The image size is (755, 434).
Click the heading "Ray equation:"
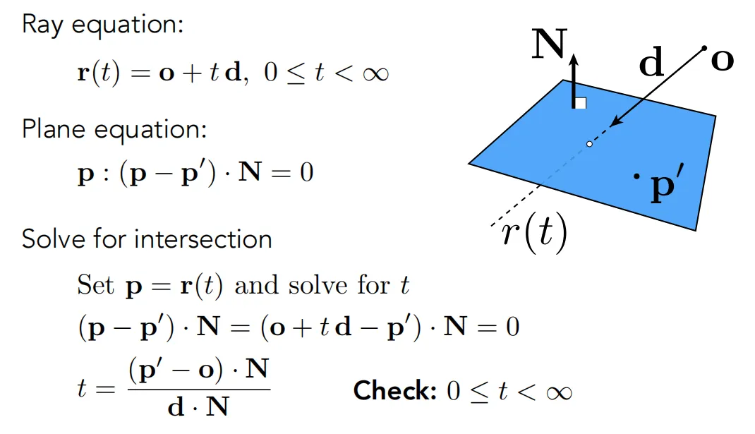point(102,24)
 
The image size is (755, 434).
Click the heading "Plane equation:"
point(114,129)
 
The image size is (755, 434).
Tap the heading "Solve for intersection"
point(147,239)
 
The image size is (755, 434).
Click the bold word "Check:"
point(395,390)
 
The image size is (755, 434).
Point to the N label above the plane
point(550,44)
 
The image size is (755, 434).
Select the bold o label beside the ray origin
point(723,61)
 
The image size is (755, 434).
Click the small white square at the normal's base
point(581,103)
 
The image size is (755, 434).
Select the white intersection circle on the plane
point(589,143)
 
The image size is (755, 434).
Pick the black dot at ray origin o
point(704,48)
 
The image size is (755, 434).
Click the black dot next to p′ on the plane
point(636,176)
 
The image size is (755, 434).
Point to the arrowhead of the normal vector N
point(574,59)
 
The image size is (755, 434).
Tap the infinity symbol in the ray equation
point(375,73)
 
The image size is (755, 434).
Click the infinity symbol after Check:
point(559,392)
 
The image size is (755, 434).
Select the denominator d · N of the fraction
point(198,406)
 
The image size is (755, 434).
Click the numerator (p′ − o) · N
point(198,370)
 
